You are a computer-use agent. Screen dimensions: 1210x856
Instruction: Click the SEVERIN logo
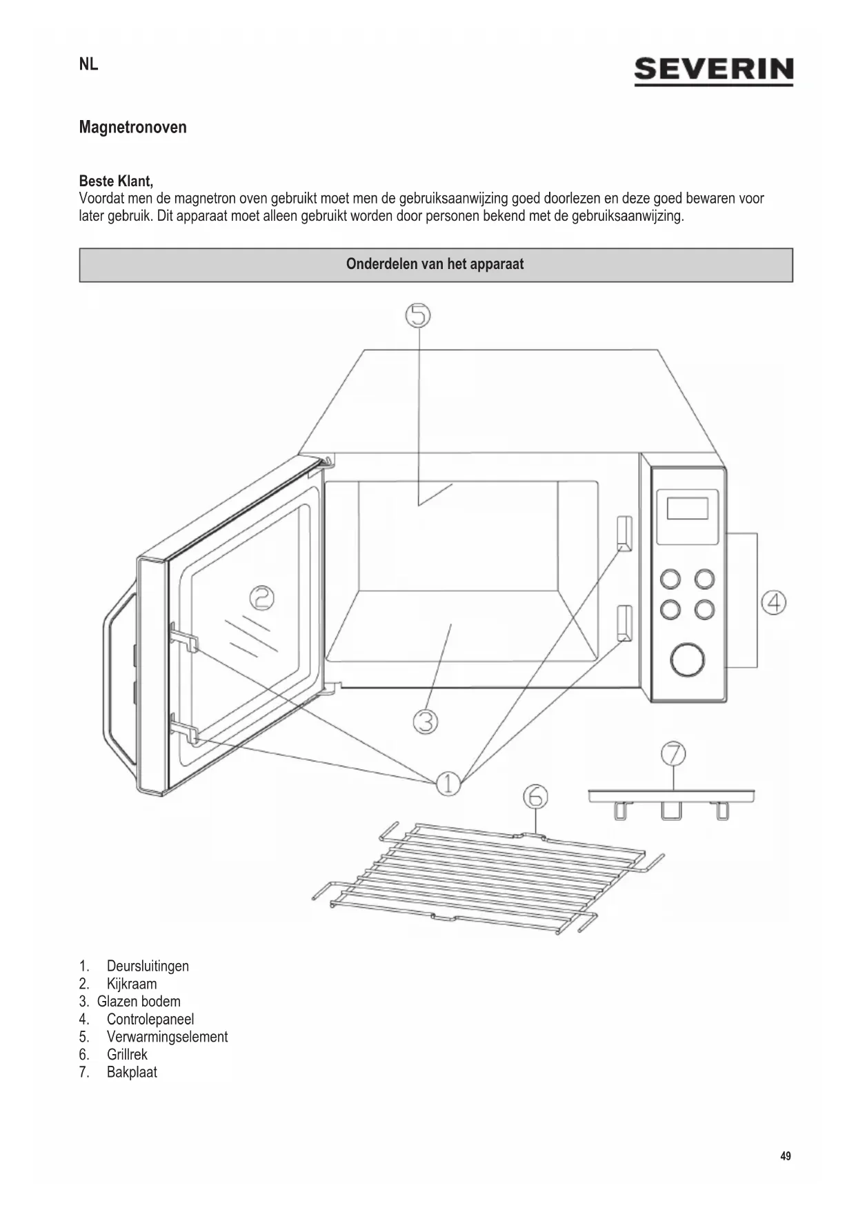(x=713, y=71)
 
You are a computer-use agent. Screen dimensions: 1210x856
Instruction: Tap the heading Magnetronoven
(x=132, y=128)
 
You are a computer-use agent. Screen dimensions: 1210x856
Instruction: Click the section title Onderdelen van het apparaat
(x=435, y=265)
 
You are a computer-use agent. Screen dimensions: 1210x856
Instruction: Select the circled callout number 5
(x=417, y=315)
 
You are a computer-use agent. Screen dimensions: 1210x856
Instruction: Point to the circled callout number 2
(x=261, y=597)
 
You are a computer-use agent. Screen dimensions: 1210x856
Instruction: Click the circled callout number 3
(x=426, y=722)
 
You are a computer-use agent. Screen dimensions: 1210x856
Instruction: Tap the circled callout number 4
(x=773, y=603)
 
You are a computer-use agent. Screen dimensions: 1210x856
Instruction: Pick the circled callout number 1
(x=448, y=783)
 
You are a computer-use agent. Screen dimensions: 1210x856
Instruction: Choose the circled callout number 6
(x=535, y=797)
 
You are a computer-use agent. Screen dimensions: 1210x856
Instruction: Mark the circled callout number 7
(x=673, y=753)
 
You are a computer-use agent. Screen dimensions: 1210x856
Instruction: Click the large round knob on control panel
(x=687, y=659)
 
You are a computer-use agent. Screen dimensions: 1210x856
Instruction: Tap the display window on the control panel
(x=687, y=508)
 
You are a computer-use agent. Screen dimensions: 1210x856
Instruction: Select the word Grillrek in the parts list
(x=127, y=1055)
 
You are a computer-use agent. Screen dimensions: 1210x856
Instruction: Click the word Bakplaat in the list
(x=132, y=1073)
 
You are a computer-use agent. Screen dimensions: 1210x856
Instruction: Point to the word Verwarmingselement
(x=167, y=1037)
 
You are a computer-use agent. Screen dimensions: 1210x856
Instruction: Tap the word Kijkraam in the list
(x=132, y=984)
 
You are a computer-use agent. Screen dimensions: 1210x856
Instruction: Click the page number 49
(x=786, y=1156)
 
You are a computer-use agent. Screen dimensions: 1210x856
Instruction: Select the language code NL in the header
(x=89, y=65)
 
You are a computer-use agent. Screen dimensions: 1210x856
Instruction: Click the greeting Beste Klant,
(x=116, y=181)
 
